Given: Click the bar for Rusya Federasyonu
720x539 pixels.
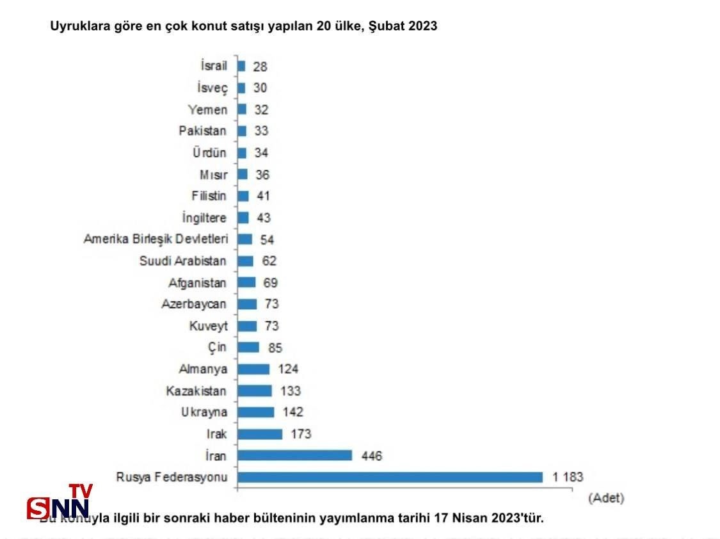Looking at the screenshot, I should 390,477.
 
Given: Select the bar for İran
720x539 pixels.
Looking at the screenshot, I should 295,455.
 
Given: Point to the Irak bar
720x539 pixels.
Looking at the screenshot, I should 260,434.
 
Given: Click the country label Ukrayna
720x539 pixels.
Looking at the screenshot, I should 204,412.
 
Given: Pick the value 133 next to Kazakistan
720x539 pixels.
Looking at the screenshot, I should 290,390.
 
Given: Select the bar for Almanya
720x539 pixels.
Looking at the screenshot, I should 253,369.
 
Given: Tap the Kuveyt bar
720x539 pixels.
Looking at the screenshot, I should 247,326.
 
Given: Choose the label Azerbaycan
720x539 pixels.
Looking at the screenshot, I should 194,304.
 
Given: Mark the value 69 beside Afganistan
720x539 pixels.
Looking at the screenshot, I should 269,282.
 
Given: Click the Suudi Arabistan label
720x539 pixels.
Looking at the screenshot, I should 183,261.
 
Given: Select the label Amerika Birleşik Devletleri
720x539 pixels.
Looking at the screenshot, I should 156,239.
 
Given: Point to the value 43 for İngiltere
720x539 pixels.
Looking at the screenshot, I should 263,218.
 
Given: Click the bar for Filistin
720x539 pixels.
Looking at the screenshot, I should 243,196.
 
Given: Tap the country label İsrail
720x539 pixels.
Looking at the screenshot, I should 214,66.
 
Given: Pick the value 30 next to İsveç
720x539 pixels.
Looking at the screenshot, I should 259,88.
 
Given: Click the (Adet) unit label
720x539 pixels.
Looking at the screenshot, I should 605,497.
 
